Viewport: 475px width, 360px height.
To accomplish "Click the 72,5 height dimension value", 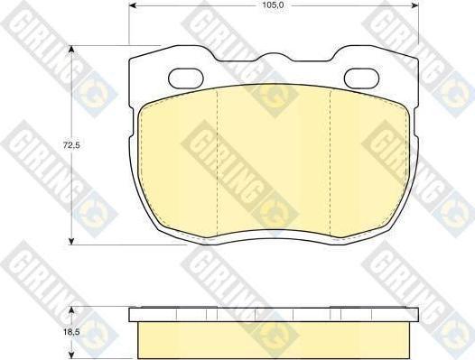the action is click(71, 145).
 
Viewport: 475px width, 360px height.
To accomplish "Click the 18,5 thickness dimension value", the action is click(71, 332).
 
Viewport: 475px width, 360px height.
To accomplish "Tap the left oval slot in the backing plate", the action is click(185, 78).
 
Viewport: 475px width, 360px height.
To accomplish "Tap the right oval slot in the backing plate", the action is click(362, 78).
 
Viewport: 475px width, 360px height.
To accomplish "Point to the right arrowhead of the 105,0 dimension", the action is click(414, 5).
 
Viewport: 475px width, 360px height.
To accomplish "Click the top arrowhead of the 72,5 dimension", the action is click(71, 50).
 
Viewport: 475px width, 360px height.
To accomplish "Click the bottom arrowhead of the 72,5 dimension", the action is click(71, 241).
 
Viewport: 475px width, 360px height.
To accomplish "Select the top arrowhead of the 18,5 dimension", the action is click(71, 310).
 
